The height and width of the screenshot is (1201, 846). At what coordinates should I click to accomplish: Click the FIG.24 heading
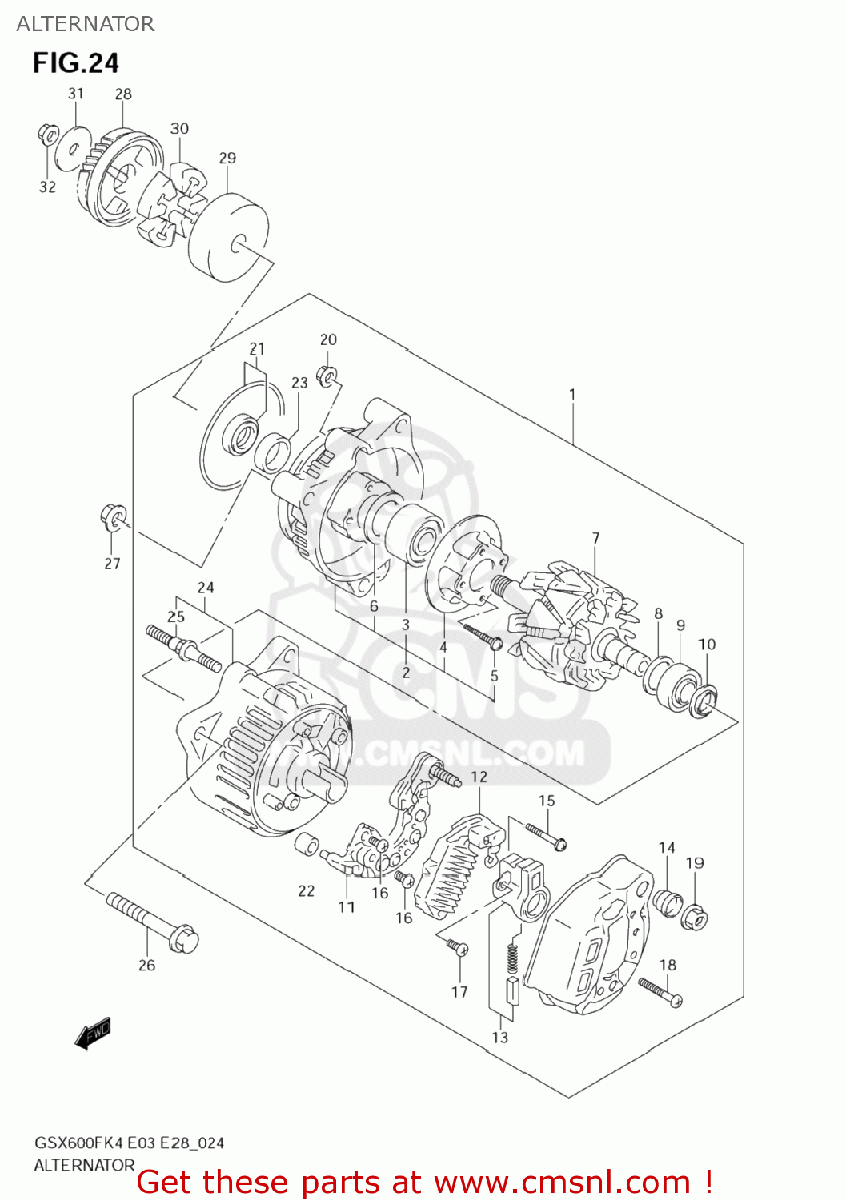[75, 62]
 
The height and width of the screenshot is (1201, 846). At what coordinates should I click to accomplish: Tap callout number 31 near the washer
[76, 94]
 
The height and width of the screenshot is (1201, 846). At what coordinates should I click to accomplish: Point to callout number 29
[227, 158]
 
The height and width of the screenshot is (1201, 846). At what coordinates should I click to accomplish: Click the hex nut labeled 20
[327, 374]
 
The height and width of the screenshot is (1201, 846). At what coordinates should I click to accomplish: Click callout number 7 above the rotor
[595, 538]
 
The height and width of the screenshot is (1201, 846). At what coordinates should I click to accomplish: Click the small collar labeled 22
[307, 844]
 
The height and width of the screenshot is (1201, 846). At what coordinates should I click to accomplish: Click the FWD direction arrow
[93, 1033]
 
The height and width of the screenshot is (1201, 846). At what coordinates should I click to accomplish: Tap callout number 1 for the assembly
[572, 394]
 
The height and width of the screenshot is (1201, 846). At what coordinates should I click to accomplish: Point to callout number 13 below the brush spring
[499, 1037]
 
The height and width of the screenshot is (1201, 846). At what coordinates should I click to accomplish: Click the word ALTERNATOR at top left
[85, 24]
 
